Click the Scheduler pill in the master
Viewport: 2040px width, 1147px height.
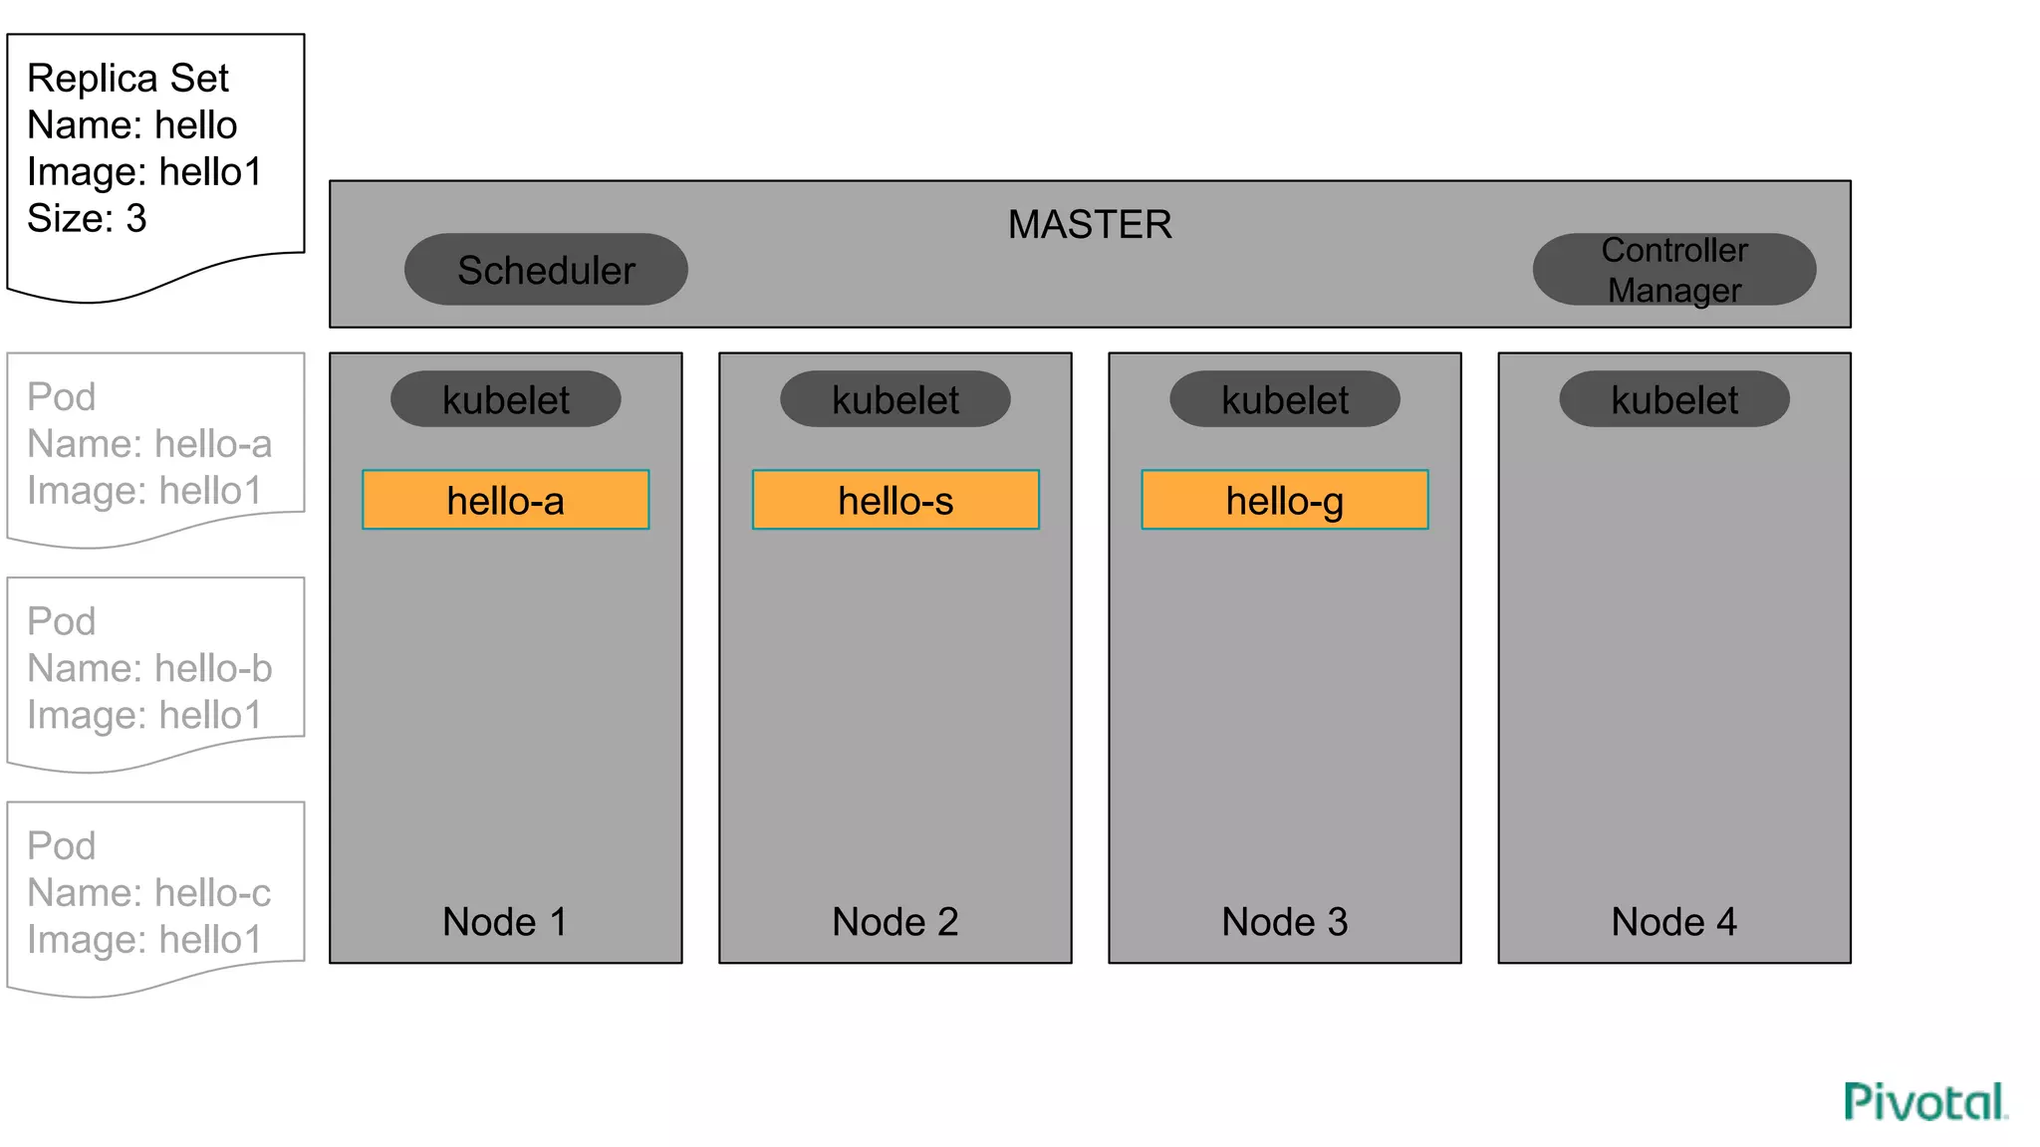(546, 270)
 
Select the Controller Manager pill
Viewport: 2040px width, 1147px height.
(1673, 270)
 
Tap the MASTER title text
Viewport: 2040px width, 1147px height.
(1090, 225)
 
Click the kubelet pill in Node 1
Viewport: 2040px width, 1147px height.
(506, 400)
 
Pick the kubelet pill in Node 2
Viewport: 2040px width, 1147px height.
(895, 400)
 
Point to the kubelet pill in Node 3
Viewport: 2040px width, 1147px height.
(1285, 400)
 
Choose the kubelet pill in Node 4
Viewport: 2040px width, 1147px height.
(1674, 400)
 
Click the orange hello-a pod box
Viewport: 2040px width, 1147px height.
(506, 500)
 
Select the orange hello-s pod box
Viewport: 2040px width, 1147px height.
(895, 500)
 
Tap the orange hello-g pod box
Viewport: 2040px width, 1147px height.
(1285, 500)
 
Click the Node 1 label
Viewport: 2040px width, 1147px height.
(505, 922)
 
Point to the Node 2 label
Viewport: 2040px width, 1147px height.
(895, 922)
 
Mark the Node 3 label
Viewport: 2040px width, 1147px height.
(1285, 922)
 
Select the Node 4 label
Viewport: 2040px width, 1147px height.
(1674, 922)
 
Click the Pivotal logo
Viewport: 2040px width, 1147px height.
(1925, 1102)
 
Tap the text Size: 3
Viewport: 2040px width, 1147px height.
(87, 219)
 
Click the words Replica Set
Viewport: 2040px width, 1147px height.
(127, 79)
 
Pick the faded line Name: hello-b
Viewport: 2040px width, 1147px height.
(149, 669)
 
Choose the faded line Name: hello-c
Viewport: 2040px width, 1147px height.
(149, 893)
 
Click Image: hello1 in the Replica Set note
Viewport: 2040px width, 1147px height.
(144, 172)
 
